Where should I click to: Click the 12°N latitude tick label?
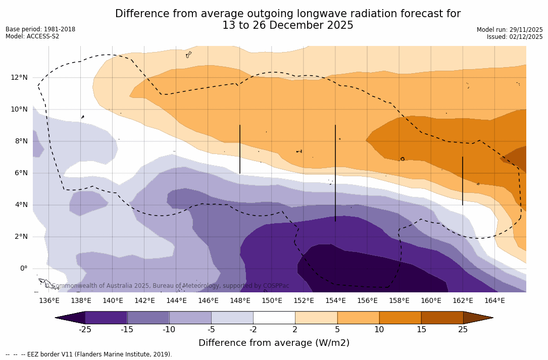19,77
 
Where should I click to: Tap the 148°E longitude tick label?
240,301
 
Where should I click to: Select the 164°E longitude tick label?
494,301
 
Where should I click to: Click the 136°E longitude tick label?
49,301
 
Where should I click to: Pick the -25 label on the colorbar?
85,330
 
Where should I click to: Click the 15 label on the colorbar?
421,330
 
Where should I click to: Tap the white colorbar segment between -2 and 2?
274,318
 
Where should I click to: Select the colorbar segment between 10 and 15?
400,318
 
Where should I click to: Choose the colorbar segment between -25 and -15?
106,318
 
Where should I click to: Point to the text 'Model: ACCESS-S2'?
32,36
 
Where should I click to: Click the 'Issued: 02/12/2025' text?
515,37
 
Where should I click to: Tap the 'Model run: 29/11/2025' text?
510,30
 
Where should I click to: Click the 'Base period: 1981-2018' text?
40,29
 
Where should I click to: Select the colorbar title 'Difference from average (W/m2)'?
274,343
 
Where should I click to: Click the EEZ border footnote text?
89,354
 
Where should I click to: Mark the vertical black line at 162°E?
463,181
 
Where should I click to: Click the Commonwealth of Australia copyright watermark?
167,286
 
